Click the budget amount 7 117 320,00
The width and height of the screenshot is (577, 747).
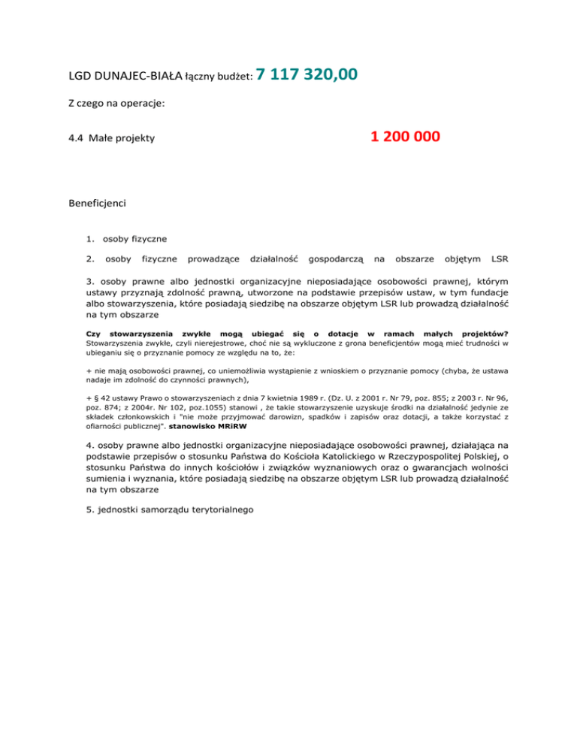(306, 74)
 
